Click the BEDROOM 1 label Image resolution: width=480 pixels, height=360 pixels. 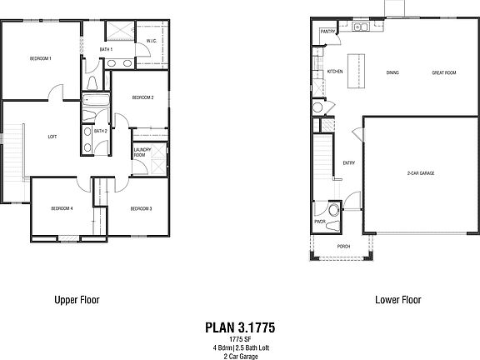(41, 58)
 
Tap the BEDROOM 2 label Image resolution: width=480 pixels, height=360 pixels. (142, 97)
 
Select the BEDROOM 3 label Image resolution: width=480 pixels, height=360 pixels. (140, 208)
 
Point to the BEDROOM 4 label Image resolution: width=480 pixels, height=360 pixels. (62, 208)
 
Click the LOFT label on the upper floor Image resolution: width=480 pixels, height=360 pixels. (52, 137)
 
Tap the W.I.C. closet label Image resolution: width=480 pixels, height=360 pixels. (151, 40)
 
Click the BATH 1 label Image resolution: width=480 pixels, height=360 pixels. (106, 50)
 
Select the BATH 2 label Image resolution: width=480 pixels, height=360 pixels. (100, 131)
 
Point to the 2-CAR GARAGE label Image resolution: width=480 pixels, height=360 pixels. (421, 173)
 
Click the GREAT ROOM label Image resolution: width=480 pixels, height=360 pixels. (443, 72)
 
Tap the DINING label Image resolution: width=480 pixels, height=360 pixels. (392, 72)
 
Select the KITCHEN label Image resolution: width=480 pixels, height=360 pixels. (335, 72)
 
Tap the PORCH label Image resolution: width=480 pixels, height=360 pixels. (343, 247)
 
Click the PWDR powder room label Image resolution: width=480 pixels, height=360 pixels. (319, 222)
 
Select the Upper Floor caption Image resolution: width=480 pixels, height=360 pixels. (77, 300)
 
